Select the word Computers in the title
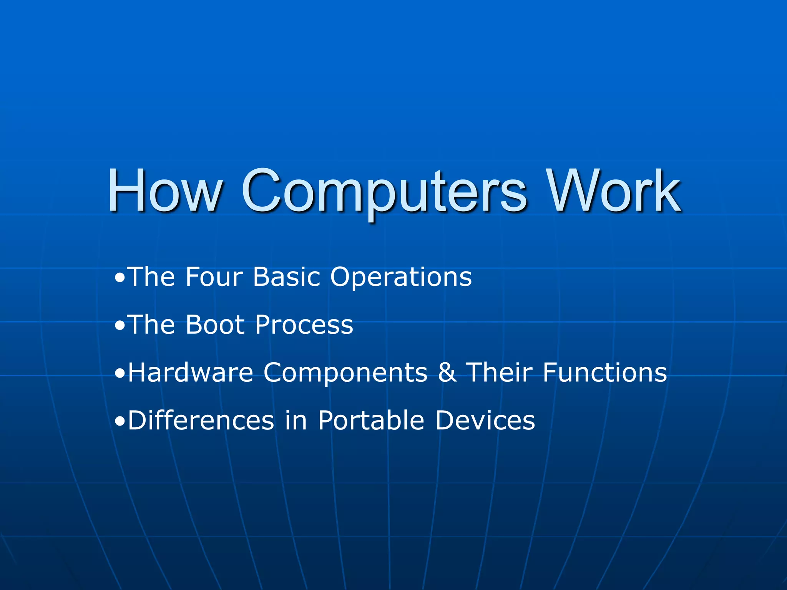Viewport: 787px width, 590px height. point(384,192)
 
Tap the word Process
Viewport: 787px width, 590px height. point(304,325)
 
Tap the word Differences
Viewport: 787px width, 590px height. point(201,420)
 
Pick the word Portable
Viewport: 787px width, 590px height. point(371,420)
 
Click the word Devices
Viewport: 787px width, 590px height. point(485,420)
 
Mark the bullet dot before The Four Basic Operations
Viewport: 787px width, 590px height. point(120,278)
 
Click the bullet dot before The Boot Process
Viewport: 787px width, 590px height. point(120,326)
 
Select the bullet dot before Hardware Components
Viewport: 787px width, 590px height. point(120,374)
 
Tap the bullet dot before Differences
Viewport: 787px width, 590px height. point(120,422)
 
